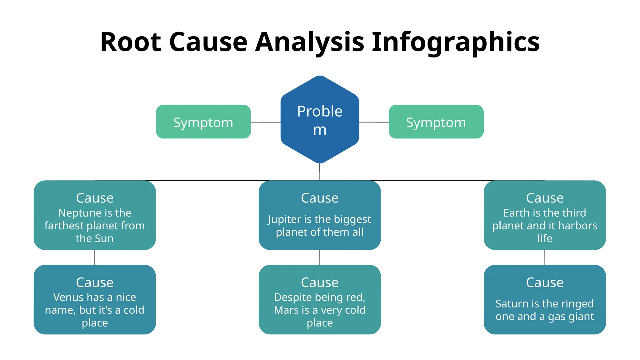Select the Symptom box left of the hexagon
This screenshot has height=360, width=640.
(x=203, y=122)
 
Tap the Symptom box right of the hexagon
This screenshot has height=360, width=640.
(x=436, y=122)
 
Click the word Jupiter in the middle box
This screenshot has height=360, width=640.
(x=284, y=219)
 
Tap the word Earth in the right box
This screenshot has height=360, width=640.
(x=516, y=213)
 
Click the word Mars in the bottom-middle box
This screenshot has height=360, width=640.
(x=286, y=310)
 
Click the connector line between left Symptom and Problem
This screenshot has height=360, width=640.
(x=266, y=122)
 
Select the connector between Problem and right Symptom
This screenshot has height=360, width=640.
(x=374, y=122)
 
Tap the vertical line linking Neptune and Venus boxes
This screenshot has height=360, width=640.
(x=95, y=257)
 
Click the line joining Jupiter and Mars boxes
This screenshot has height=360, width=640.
(x=320, y=257)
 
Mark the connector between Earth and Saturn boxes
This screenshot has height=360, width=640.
(x=545, y=257)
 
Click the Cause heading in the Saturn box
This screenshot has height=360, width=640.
(x=545, y=282)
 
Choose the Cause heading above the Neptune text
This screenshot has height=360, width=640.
(x=95, y=198)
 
